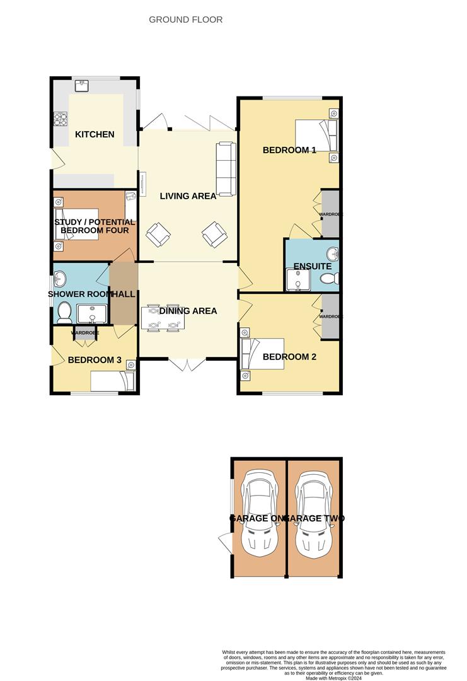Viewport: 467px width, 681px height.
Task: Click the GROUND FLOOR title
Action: pyautogui.click(x=185, y=20)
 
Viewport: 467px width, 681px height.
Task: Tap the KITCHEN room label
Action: pyautogui.click(x=95, y=134)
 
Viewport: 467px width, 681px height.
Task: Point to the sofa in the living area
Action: pyautogui.click(x=226, y=168)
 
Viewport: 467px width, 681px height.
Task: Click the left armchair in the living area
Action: pyautogui.click(x=158, y=235)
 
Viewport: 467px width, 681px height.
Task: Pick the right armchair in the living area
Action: pyautogui.click(x=214, y=235)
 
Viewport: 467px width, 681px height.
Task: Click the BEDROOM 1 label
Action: pyautogui.click(x=289, y=150)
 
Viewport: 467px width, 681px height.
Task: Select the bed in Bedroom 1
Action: pyautogui.click(x=318, y=136)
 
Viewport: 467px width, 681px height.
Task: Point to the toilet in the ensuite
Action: pyautogui.click(x=326, y=279)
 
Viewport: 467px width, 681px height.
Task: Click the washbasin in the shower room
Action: pyautogui.click(x=61, y=278)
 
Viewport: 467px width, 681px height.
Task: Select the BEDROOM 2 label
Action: pyautogui.click(x=289, y=356)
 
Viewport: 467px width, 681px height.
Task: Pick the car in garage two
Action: pyautogui.click(x=314, y=513)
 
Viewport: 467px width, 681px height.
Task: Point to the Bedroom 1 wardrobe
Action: pyautogui.click(x=331, y=214)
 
